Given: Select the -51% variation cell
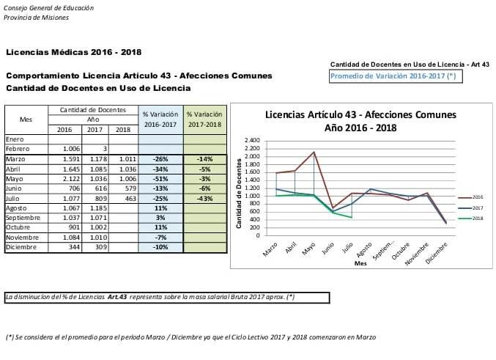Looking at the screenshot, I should click(x=160, y=178).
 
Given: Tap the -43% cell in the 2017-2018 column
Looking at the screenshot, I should click(x=205, y=198).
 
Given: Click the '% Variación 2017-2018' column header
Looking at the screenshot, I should click(x=204, y=120).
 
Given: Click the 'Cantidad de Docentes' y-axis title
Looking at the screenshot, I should click(x=240, y=188).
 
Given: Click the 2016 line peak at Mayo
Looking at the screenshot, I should click(x=314, y=152).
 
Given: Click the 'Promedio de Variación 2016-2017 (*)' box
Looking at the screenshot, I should click(x=396, y=76).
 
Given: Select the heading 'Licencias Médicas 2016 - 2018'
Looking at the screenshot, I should click(x=73, y=52).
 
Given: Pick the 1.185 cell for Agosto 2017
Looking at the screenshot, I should click(x=95, y=208).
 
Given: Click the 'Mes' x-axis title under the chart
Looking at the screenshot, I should click(x=360, y=262).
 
